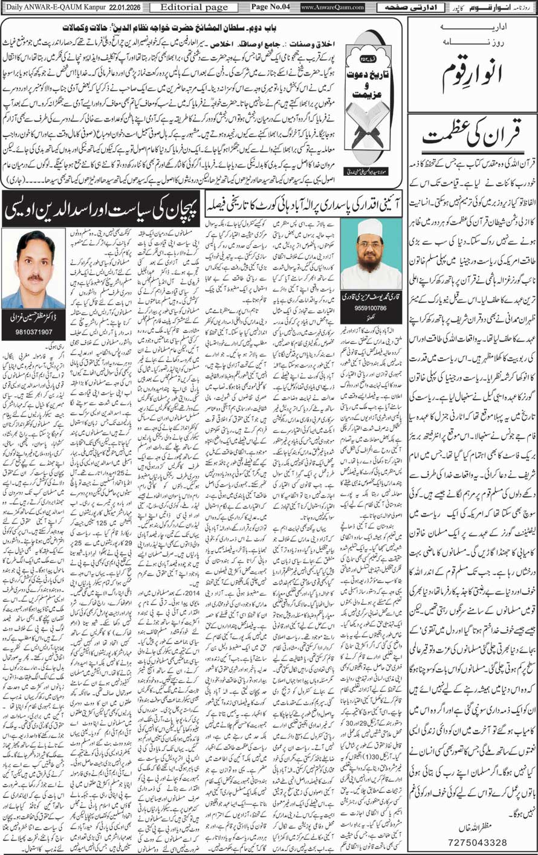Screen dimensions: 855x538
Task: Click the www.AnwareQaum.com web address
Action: point(332,8)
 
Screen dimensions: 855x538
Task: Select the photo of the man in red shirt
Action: point(33,268)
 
